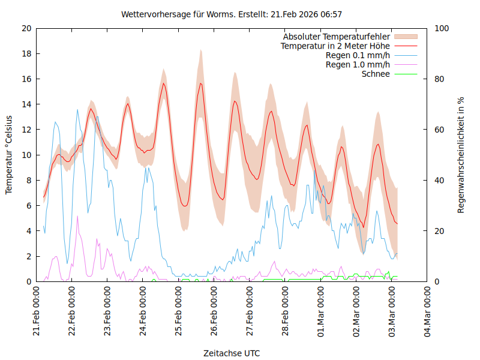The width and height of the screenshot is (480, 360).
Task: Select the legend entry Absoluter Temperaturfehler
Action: (x=337, y=37)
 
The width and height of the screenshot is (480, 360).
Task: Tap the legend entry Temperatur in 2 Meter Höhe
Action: (x=335, y=46)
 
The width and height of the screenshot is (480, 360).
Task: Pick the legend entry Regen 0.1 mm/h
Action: (x=358, y=55)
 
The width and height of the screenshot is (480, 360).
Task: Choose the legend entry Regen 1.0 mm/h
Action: (x=358, y=65)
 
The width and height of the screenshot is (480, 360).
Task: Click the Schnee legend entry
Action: (x=376, y=74)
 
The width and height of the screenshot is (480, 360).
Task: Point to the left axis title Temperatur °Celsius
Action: (x=9, y=155)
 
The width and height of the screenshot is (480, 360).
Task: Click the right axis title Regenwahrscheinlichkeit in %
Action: (x=461, y=155)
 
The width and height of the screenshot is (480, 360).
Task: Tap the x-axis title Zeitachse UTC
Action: (x=232, y=353)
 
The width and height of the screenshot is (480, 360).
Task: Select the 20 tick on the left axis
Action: (x=26, y=28)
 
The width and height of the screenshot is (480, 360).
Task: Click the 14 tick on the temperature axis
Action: (x=26, y=104)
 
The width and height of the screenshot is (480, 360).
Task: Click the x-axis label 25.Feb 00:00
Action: (x=179, y=314)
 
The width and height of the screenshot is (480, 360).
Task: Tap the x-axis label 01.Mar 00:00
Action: (x=321, y=314)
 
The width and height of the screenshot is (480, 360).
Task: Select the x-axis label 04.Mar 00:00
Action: (x=428, y=314)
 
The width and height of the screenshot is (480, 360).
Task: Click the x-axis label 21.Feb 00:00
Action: (x=37, y=314)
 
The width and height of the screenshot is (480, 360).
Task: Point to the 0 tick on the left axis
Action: (x=29, y=281)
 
